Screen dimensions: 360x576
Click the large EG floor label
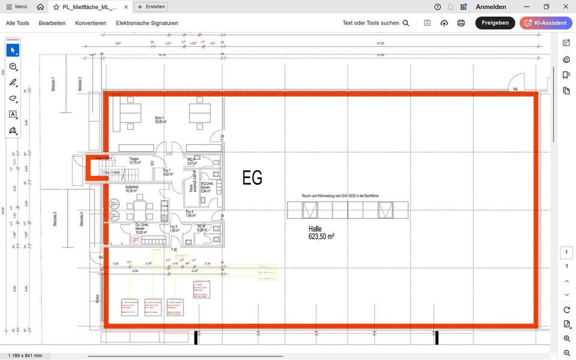coord(252,178)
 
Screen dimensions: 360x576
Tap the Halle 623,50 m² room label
coord(321,233)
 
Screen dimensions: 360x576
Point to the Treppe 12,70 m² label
coord(134,161)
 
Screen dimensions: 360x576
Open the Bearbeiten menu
coord(52,23)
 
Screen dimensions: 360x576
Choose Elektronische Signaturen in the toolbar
coord(147,23)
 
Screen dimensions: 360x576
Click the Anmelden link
coord(491,7)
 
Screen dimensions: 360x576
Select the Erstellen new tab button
coord(151,7)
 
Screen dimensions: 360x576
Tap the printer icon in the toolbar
coord(461,23)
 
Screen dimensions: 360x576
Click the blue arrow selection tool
coord(13,50)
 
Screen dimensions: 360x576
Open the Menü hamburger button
coord(16,7)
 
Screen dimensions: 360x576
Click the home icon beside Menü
coord(40,7)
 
